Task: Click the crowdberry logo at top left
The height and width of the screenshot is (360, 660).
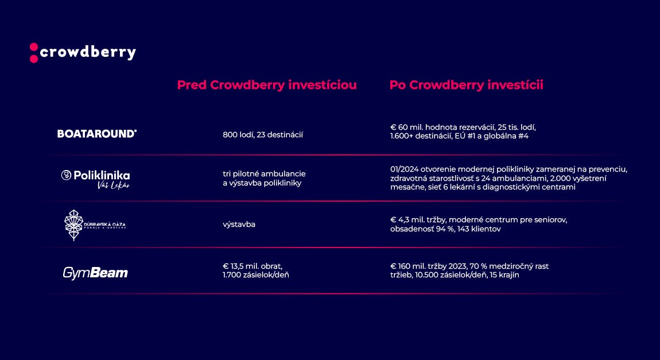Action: tap(83, 52)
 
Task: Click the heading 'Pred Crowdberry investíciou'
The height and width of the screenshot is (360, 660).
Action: tap(267, 85)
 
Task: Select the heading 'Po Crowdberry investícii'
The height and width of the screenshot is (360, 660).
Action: tap(466, 85)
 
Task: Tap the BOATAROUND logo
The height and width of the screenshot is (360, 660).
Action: tap(97, 134)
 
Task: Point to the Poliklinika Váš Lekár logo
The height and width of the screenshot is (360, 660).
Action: tap(96, 179)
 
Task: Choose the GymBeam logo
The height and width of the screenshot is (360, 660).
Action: tap(95, 273)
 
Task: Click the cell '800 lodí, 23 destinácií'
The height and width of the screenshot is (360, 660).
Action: tap(263, 135)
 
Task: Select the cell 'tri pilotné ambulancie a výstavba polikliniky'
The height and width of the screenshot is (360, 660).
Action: tap(264, 178)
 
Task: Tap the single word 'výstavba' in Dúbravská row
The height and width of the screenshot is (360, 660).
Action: tap(239, 224)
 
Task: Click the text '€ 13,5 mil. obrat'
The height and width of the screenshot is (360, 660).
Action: tap(253, 266)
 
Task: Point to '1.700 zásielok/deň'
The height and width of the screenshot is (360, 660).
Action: tap(256, 275)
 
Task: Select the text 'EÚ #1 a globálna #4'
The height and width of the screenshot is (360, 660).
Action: tap(496, 136)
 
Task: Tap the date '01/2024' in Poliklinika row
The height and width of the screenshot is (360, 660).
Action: tap(403, 169)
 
